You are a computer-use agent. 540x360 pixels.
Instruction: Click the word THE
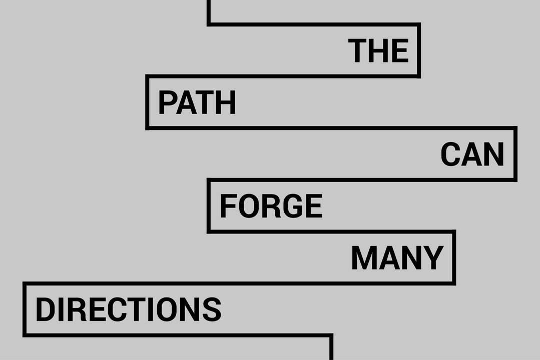tap(378, 50)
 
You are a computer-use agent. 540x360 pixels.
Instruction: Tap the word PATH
tap(197, 102)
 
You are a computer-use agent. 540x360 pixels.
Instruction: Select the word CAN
tap(472, 154)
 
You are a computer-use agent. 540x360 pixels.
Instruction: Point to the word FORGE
tap(271, 206)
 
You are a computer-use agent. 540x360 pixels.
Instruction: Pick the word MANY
tap(397, 258)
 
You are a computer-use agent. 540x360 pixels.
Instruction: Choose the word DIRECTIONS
tap(128, 309)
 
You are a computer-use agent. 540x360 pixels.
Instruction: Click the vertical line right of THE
tap(419, 50)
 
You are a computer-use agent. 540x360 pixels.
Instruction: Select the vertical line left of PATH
tap(148, 102)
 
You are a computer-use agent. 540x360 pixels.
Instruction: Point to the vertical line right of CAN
tap(515, 154)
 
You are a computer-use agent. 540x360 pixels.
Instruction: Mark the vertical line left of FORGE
tap(209, 206)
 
